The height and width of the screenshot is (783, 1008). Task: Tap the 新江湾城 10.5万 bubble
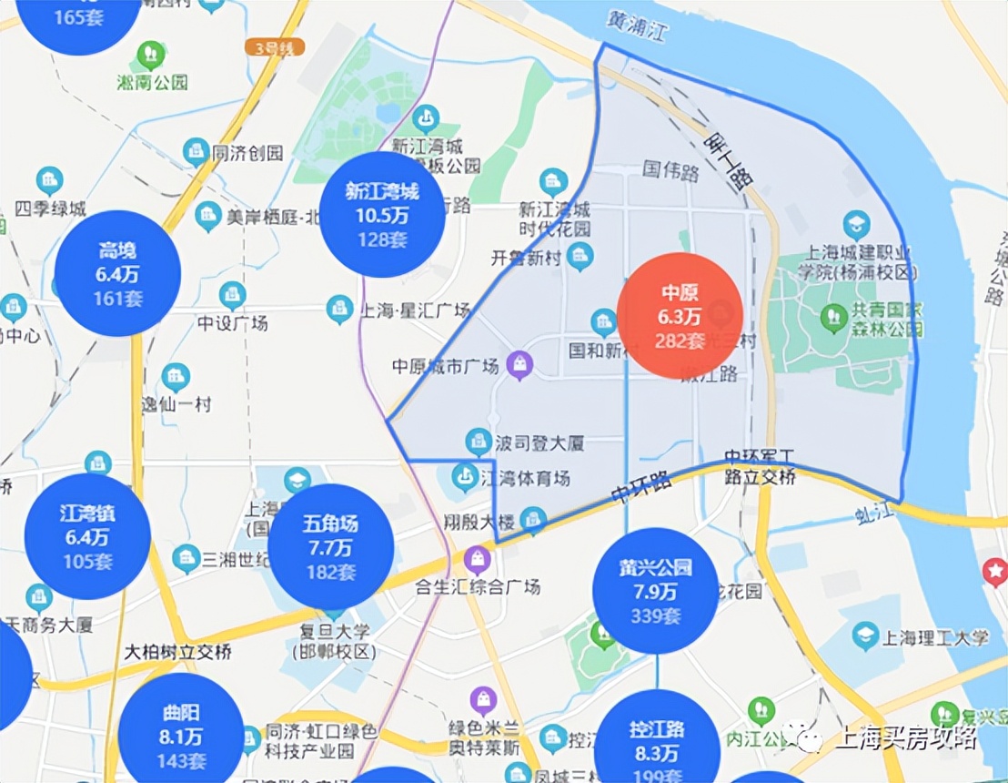383,215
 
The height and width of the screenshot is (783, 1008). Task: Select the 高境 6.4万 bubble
117,273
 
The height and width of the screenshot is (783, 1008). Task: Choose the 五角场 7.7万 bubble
331,547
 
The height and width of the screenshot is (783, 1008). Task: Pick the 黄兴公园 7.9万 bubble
655,590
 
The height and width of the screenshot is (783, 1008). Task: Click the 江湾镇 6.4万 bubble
87,536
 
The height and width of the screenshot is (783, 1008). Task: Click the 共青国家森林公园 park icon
832,317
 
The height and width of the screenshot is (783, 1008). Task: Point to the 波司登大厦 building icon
478,442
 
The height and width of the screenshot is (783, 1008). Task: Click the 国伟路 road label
670,169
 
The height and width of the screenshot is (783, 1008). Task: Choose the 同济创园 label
247,152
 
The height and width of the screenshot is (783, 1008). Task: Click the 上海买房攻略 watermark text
904,737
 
